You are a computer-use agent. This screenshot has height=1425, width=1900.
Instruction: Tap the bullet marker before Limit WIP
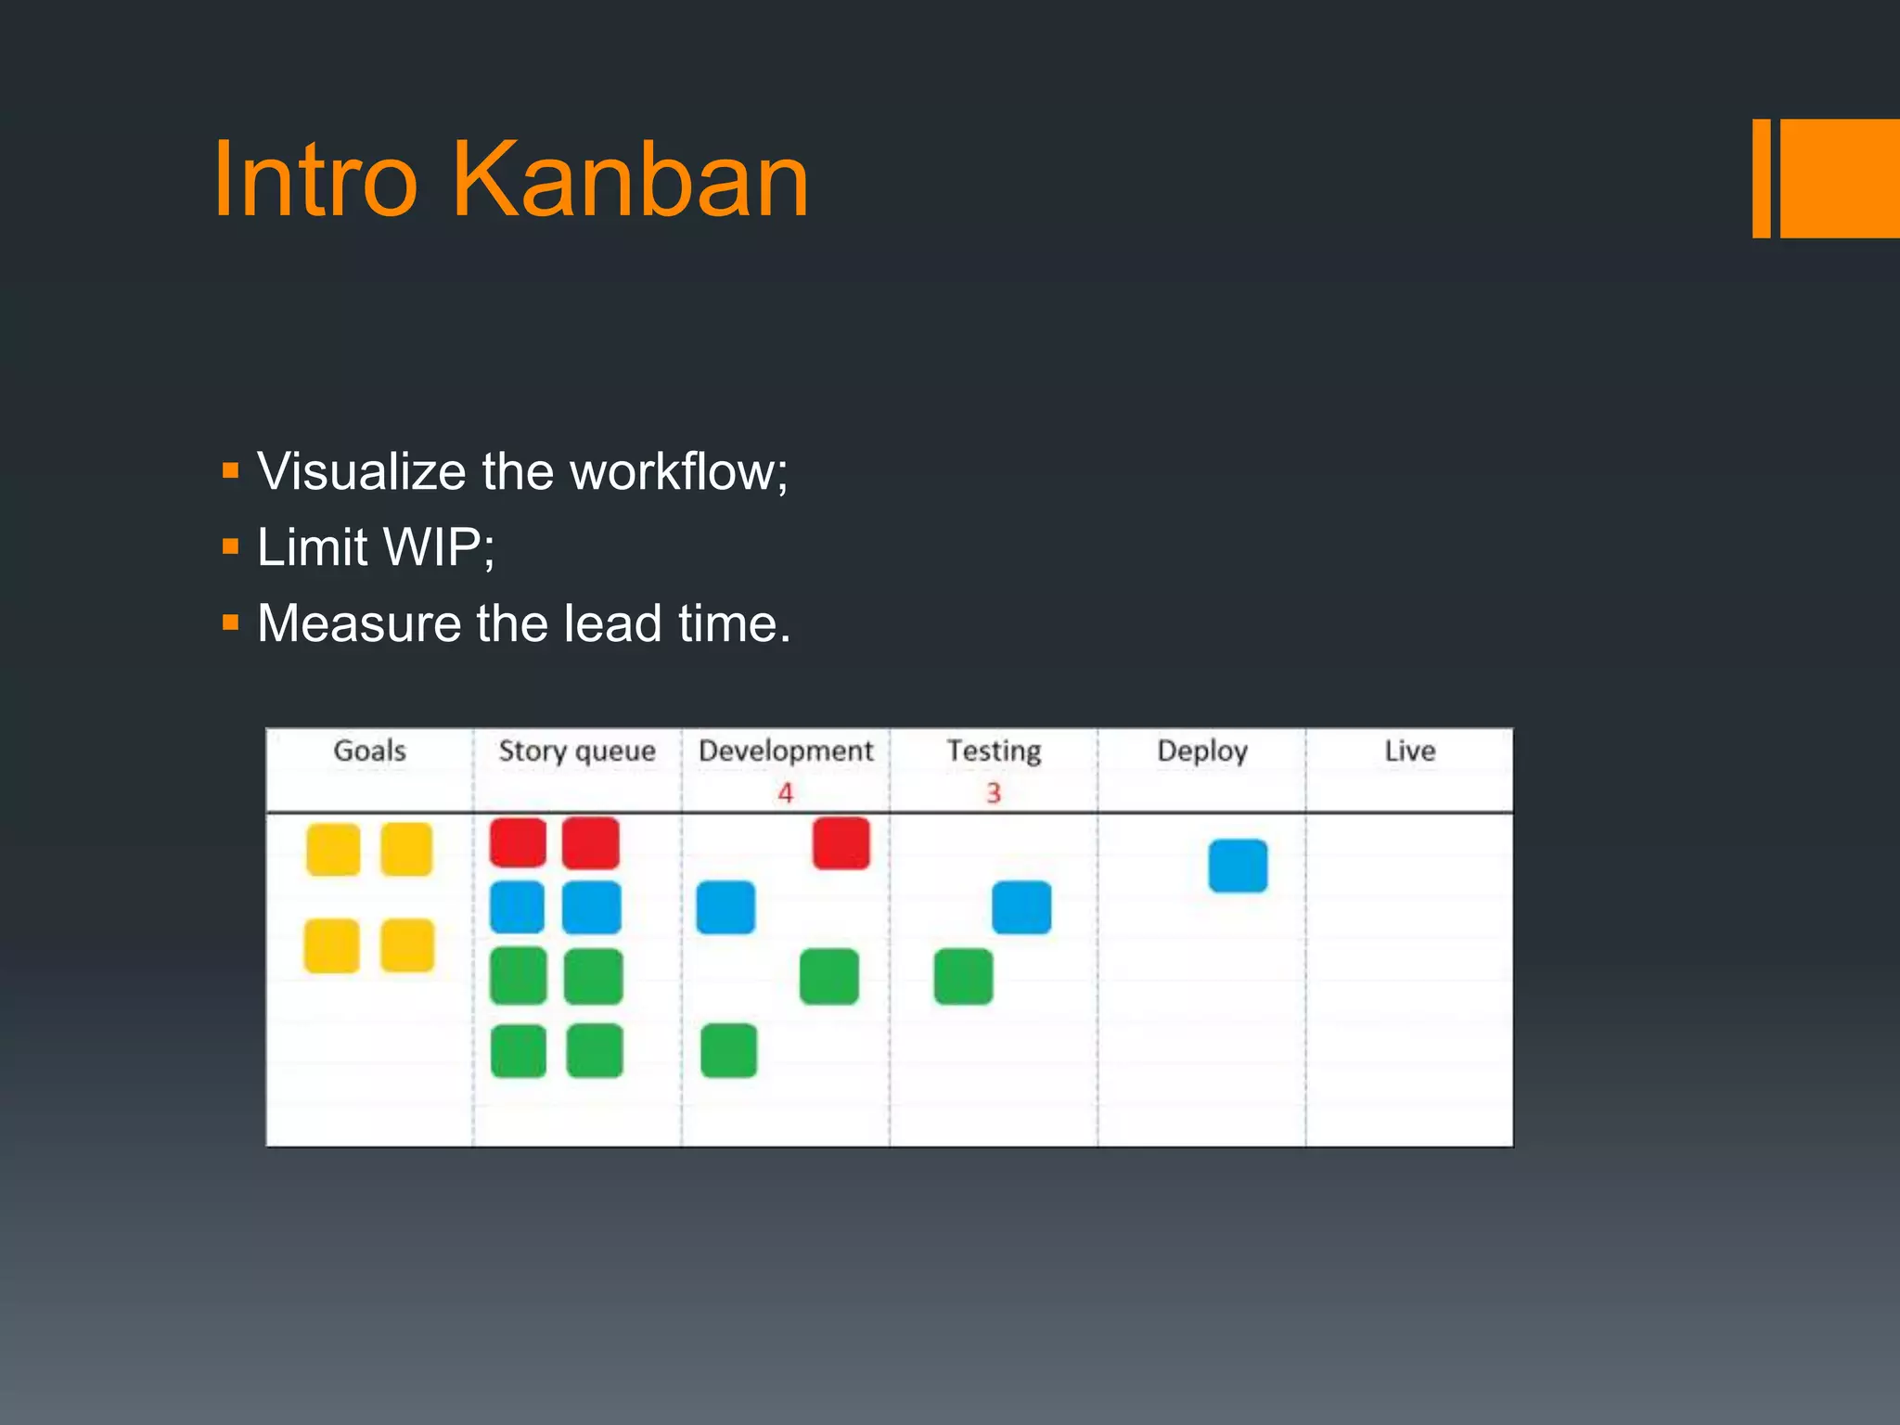231,547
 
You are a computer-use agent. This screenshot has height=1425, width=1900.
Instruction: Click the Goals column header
369,751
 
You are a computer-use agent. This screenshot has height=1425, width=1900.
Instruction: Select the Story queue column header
577,751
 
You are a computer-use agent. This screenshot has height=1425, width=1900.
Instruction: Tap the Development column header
786,751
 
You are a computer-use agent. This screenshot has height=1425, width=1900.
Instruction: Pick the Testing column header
994,751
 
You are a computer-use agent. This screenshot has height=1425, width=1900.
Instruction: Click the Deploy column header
1202,751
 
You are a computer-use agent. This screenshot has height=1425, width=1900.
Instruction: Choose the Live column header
1409,751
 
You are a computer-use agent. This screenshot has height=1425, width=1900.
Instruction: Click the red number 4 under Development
786,793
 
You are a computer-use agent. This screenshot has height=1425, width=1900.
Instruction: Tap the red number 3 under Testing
994,793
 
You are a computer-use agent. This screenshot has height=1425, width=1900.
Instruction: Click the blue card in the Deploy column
1238,866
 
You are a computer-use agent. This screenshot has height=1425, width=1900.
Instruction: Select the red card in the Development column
841,843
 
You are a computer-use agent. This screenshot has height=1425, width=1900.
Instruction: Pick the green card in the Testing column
963,976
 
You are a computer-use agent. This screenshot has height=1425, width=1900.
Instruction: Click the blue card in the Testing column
1021,907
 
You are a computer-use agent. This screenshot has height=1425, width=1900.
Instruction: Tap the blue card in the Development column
725,907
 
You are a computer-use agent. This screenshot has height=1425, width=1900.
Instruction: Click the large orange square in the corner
1840,178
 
